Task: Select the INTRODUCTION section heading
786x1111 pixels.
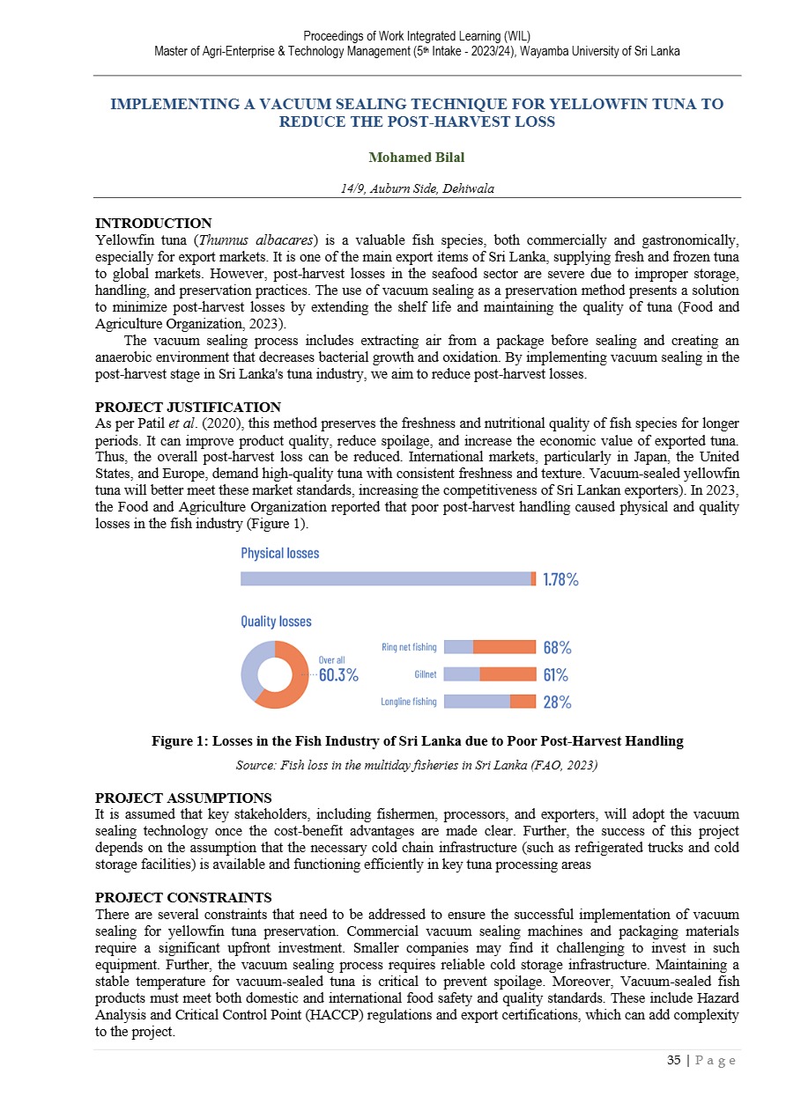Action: point(153,224)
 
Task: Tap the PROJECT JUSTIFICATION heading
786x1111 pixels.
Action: point(188,408)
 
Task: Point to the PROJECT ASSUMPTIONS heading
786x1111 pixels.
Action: point(183,798)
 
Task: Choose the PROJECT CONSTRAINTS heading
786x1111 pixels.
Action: point(183,898)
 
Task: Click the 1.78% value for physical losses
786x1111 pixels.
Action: point(560,579)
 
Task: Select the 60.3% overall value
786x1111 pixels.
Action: point(337,675)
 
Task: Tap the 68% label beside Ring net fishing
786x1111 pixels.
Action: point(557,647)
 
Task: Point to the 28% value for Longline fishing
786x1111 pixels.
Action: point(557,702)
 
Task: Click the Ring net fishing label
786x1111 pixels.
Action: point(409,647)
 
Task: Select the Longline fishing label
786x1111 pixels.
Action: point(408,702)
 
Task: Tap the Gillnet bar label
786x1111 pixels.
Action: point(425,675)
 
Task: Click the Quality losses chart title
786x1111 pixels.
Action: point(276,622)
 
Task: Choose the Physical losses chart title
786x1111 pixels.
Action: point(280,553)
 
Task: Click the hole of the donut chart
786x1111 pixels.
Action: point(275,675)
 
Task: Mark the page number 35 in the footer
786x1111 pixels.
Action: point(674,1061)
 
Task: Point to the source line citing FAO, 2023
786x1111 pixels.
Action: point(417,765)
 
